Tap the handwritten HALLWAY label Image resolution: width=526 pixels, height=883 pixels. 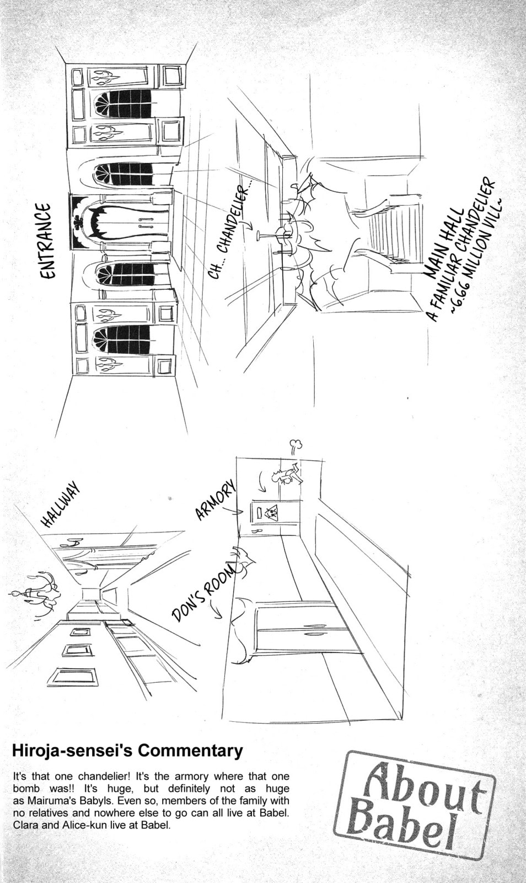[x=61, y=506]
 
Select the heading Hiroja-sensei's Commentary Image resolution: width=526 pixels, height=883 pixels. [x=127, y=751]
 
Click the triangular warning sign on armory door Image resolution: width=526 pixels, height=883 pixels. [x=271, y=513]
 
